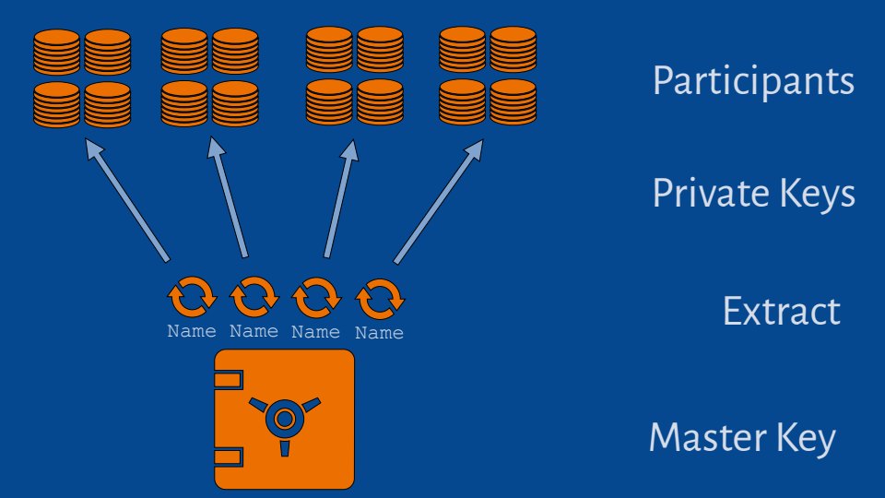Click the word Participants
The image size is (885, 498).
753,81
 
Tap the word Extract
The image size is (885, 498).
781,312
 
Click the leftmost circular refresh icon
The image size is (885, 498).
192,297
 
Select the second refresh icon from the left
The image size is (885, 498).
254,297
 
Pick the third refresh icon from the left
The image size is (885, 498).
316,297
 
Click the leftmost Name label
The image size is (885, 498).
192,331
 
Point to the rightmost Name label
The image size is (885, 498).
380,333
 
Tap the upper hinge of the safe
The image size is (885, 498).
229,380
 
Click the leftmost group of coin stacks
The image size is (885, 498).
81,77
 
